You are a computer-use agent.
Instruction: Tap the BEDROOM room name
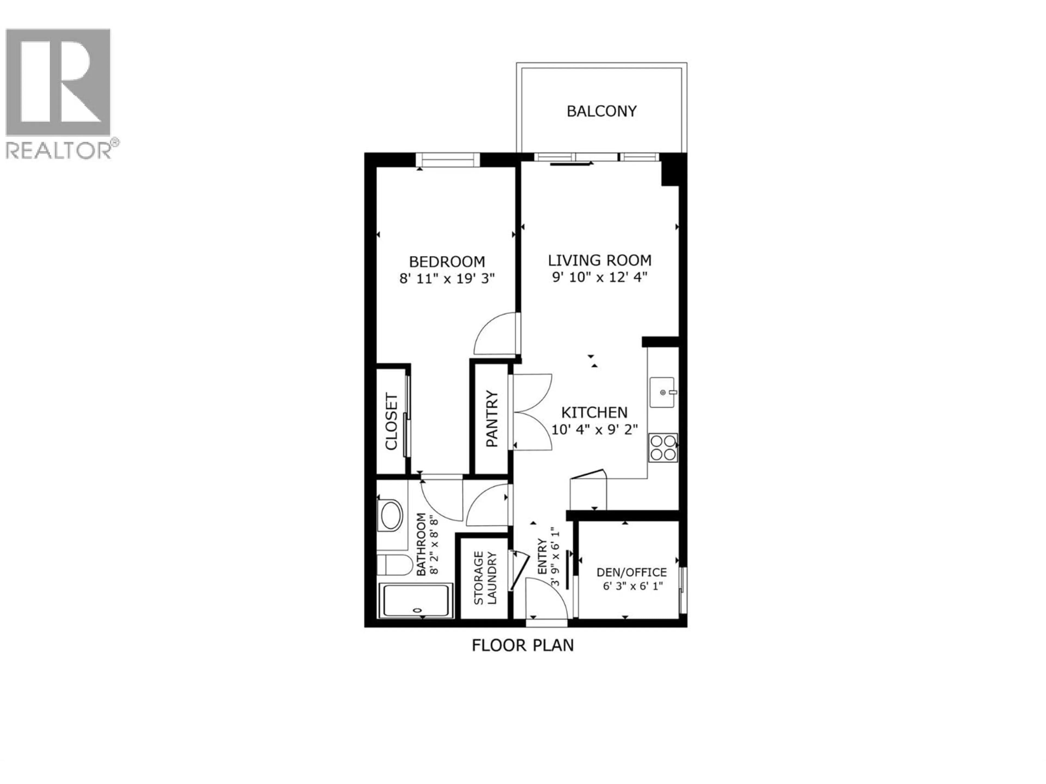pos(447,261)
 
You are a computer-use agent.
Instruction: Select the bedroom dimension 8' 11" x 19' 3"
pos(447,278)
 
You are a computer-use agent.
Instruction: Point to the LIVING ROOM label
pos(600,261)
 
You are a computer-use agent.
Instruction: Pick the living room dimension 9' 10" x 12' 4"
pos(600,277)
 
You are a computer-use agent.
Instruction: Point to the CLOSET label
pos(391,421)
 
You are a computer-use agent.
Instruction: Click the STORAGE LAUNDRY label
pos(485,578)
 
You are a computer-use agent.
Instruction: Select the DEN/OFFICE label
pos(631,572)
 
